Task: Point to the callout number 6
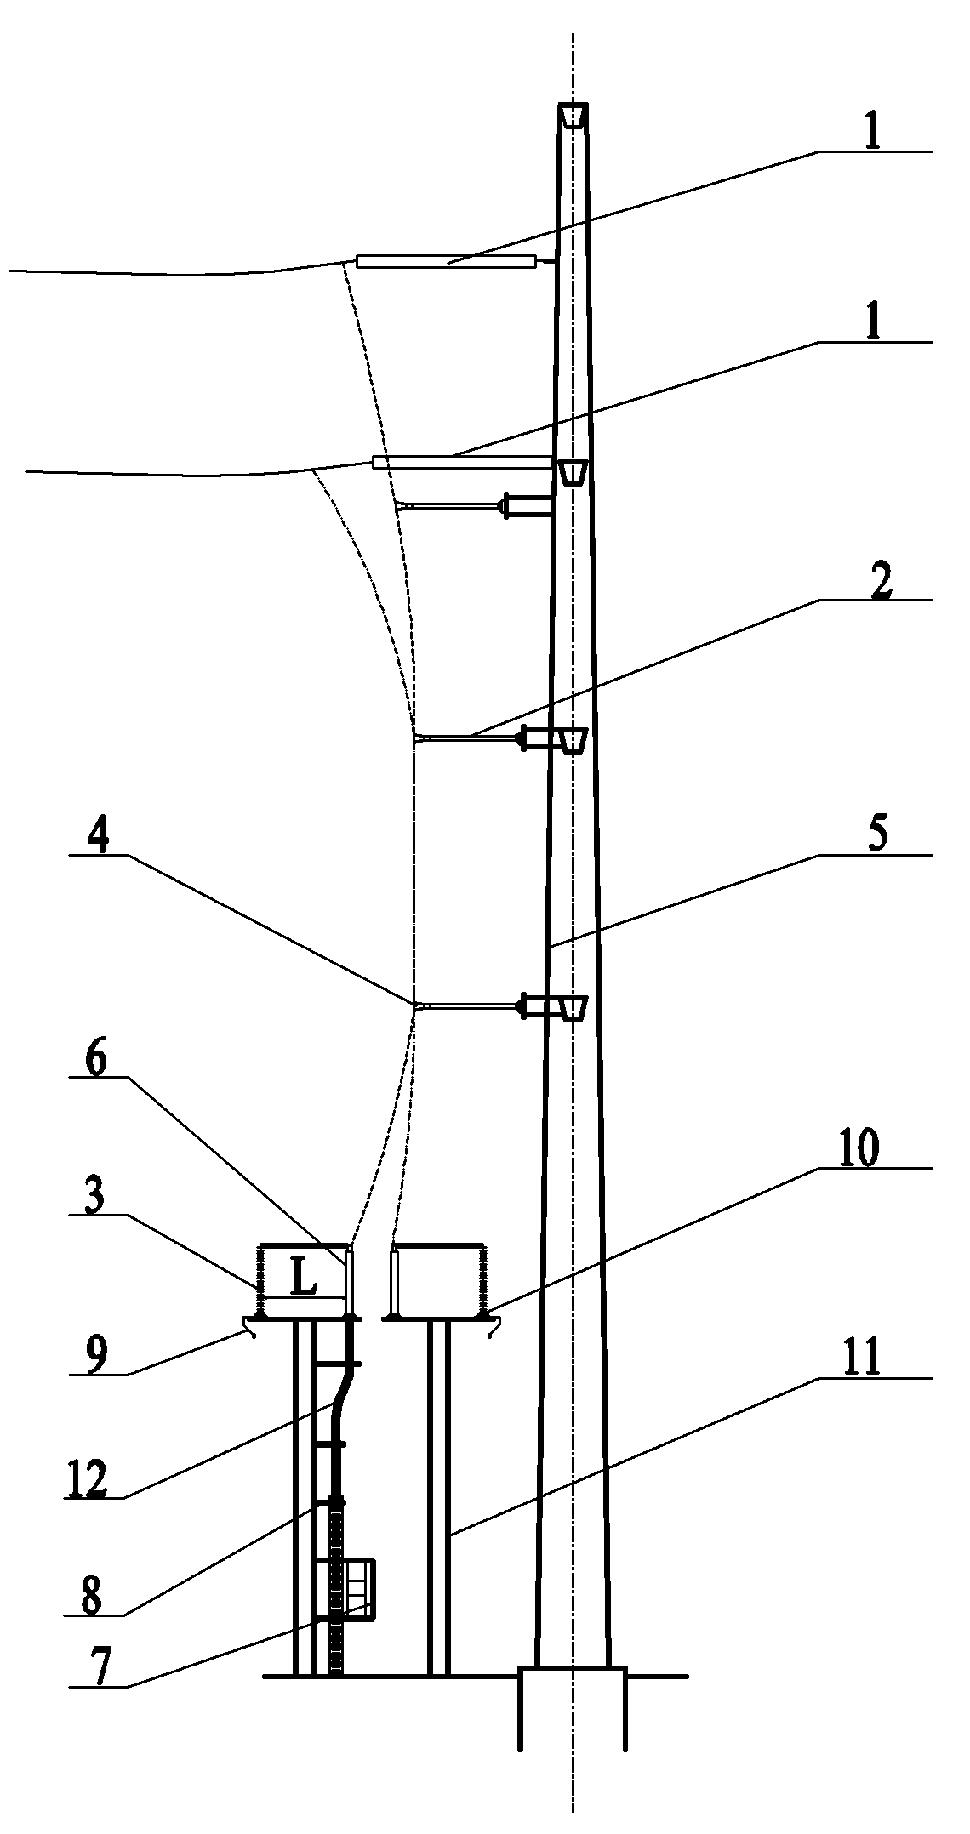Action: (x=96, y=1063)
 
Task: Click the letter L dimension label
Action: (x=303, y=1279)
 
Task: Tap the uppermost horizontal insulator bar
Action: (x=446, y=262)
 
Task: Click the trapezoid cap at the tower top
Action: (x=573, y=116)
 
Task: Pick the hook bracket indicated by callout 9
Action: (x=250, y=1325)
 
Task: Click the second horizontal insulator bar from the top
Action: (x=462, y=462)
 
